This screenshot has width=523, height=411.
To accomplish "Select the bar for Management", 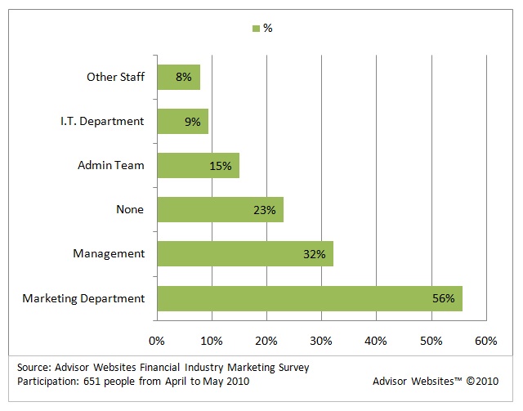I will click(x=244, y=254).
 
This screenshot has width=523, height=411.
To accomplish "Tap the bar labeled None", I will click(x=220, y=210).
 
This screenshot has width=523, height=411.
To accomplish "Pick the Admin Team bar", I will click(x=198, y=166).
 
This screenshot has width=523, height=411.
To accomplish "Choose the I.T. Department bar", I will click(x=182, y=122).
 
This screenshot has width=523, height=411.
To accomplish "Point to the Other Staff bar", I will click(x=178, y=78).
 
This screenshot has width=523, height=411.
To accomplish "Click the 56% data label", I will click(x=443, y=298).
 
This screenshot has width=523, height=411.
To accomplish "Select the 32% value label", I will click(x=315, y=254).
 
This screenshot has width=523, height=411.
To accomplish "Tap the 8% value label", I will click(x=183, y=78).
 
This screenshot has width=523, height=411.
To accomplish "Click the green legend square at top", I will click(x=256, y=29).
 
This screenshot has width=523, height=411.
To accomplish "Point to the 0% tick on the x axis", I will click(x=157, y=340).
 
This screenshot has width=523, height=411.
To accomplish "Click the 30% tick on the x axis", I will click(x=321, y=340).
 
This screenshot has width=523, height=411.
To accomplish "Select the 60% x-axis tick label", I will click(x=485, y=340).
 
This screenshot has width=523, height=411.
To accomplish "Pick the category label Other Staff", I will click(x=115, y=78).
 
